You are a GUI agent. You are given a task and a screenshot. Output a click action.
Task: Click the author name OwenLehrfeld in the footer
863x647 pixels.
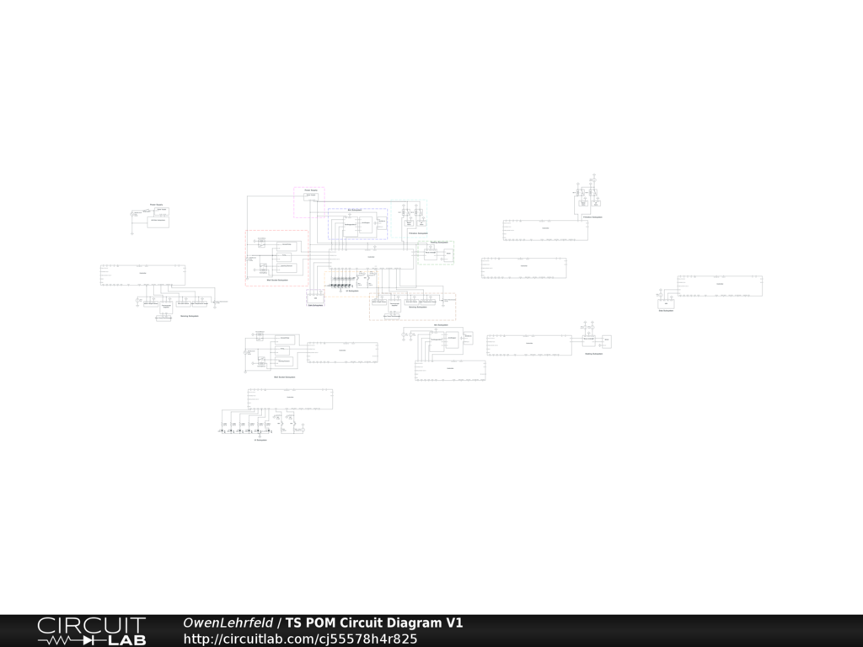[x=228, y=623]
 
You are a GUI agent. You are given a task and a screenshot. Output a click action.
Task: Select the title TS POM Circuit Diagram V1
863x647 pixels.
[x=373, y=623]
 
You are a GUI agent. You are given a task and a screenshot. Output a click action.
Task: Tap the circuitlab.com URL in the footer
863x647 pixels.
[x=300, y=639]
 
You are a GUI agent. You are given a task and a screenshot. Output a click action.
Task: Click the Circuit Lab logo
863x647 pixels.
[x=91, y=631]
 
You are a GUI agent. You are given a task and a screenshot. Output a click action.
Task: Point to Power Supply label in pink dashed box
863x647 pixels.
[x=310, y=190]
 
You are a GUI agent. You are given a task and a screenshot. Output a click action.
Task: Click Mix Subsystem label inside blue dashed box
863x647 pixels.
[x=355, y=210]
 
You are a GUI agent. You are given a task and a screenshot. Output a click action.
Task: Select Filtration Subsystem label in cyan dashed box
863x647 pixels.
[x=417, y=233]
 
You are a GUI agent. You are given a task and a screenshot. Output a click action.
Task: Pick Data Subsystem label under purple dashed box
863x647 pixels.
[x=315, y=305]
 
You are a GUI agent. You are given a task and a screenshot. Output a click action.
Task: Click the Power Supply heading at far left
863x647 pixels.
[x=156, y=205]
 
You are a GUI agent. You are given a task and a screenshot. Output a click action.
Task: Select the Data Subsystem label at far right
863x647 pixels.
[x=666, y=311]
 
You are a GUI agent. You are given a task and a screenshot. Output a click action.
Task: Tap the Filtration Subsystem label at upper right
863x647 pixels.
[x=592, y=217]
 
